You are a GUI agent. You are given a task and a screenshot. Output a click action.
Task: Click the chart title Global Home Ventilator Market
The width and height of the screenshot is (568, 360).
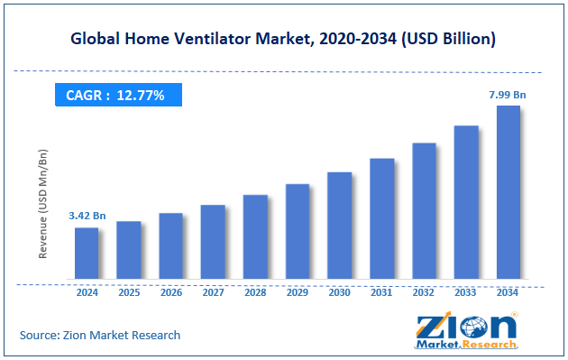pyautogui.click(x=283, y=39)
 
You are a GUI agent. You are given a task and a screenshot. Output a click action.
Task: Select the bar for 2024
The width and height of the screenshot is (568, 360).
pyautogui.click(x=87, y=253)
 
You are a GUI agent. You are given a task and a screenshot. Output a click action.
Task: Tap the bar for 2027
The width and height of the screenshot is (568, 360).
pyautogui.click(x=213, y=242)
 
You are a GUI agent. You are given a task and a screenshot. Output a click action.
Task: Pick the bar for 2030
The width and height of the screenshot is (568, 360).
pyautogui.click(x=339, y=225)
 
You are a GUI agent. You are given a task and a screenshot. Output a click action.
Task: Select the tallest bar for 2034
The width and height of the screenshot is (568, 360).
pyautogui.click(x=508, y=191)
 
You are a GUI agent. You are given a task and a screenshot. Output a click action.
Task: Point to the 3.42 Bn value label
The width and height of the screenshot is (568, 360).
pyautogui.click(x=87, y=217)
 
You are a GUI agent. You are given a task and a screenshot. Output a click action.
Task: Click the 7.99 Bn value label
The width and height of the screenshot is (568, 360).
pyautogui.click(x=508, y=94)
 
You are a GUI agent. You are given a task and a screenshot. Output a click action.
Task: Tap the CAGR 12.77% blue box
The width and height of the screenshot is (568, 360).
pyautogui.click(x=115, y=95)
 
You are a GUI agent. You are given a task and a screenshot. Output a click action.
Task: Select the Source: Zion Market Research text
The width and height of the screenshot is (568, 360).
pyautogui.click(x=100, y=335)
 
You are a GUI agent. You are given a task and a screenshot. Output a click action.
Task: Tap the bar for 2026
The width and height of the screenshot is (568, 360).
pyautogui.click(x=170, y=245)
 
